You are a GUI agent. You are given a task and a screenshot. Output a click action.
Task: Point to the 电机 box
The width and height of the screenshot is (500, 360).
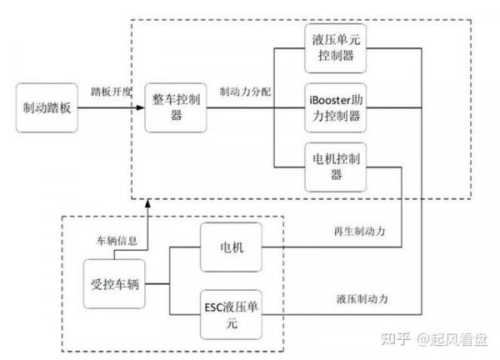(228, 248)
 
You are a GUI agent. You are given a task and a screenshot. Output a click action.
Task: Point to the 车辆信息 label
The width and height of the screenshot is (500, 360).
(115, 241)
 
